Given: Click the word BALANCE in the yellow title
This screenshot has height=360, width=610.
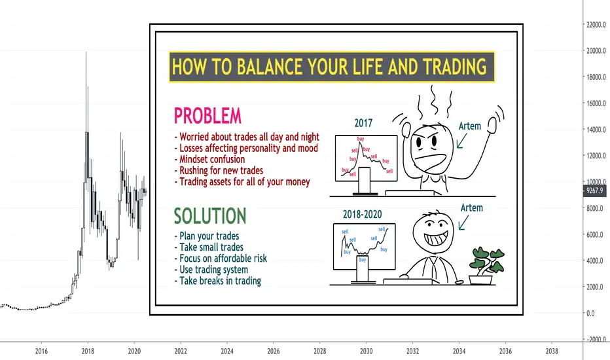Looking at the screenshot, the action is click(270, 67).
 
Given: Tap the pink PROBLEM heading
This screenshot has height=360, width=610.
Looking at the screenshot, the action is click(207, 116).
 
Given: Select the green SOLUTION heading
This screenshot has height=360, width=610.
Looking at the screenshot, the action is click(209, 216).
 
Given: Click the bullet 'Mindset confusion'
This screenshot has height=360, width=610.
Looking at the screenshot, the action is click(209, 159).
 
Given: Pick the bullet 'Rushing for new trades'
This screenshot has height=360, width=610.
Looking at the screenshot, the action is click(219, 170).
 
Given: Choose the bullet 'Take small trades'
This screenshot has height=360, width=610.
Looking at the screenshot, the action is click(209, 247).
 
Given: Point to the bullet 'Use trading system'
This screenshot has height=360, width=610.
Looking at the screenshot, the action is click(211, 270).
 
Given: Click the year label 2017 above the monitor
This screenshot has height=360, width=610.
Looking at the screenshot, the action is click(363, 123).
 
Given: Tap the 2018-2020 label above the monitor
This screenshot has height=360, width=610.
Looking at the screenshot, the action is click(362, 214).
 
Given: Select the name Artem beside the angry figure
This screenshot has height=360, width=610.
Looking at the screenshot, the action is click(469, 126).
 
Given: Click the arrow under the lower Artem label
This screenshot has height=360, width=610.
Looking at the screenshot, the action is click(463, 223).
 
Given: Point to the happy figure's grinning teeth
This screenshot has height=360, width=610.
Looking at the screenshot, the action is click(436, 238).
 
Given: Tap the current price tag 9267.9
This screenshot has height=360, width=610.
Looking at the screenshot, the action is click(594, 190).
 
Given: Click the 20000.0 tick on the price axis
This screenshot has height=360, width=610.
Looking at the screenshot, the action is click(596, 50).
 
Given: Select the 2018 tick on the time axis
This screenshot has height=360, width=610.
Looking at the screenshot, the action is click(88, 351).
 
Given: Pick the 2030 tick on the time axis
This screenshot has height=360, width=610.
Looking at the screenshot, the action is click(366, 351).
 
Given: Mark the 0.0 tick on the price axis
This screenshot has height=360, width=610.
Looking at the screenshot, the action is click(590, 314).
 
